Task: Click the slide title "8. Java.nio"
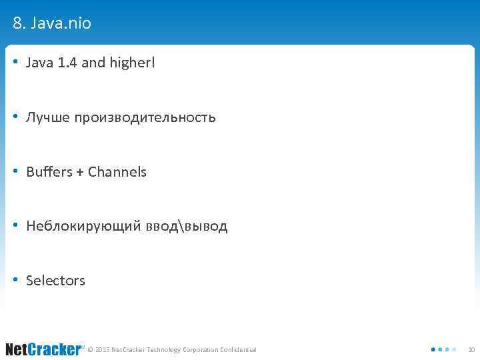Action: [52, 24]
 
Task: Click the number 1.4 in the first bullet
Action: [67, 63]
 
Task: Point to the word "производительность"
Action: [145, 118]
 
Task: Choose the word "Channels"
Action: [117, 172]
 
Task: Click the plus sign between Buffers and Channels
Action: [80, 173]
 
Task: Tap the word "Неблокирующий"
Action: [83, 227]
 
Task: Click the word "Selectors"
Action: [55, 281]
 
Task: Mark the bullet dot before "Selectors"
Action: [16, 281]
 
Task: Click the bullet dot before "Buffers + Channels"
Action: [16, 172]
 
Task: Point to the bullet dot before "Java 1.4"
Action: [16, 63]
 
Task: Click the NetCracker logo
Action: [43, 349]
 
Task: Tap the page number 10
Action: [471, 349]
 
